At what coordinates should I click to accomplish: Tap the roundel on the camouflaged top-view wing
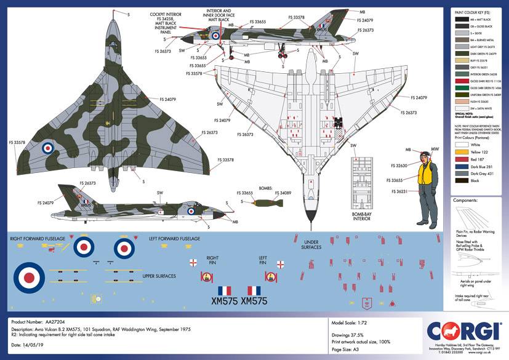48,148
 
